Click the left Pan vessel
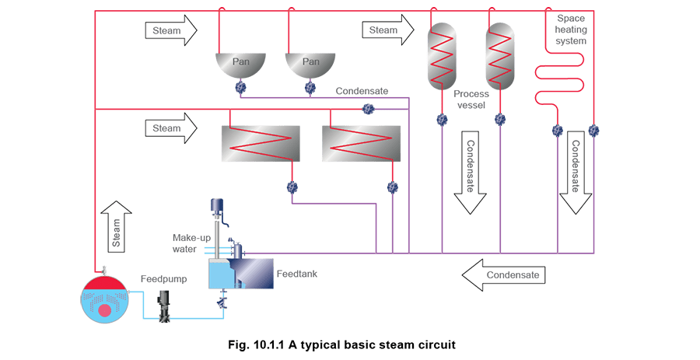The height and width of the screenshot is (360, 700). [x=240, y=67]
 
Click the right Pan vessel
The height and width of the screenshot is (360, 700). [x=310, y=67]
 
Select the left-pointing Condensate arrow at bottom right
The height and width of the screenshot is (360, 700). [x=503, y=274]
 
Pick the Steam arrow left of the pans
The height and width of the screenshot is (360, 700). [x=171, y=30]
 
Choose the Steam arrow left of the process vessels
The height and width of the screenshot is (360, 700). [x=389, y=30]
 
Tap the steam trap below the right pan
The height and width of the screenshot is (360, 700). [x=310, y=89]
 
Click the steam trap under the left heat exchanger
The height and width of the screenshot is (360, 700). [x=292, y=187]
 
